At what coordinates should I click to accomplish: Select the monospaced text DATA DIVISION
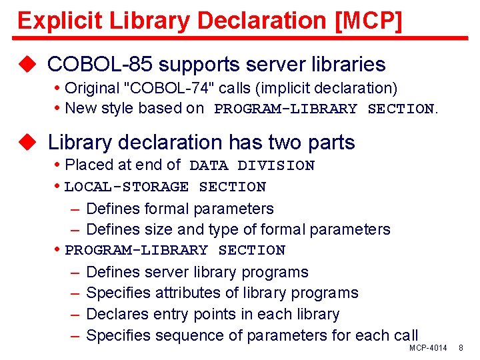click(x=252, y=165)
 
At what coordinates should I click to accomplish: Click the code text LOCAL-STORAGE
click(x=127, y=187)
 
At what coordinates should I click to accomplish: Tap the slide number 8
click(x=461, y=348)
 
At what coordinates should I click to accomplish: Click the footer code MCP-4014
click(x=428, y=348)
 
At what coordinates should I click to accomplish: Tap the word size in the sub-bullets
click(x=154, y=229)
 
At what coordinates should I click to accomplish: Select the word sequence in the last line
click(x=185, y=335)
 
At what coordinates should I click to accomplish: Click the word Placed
click(x=89, y=165)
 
